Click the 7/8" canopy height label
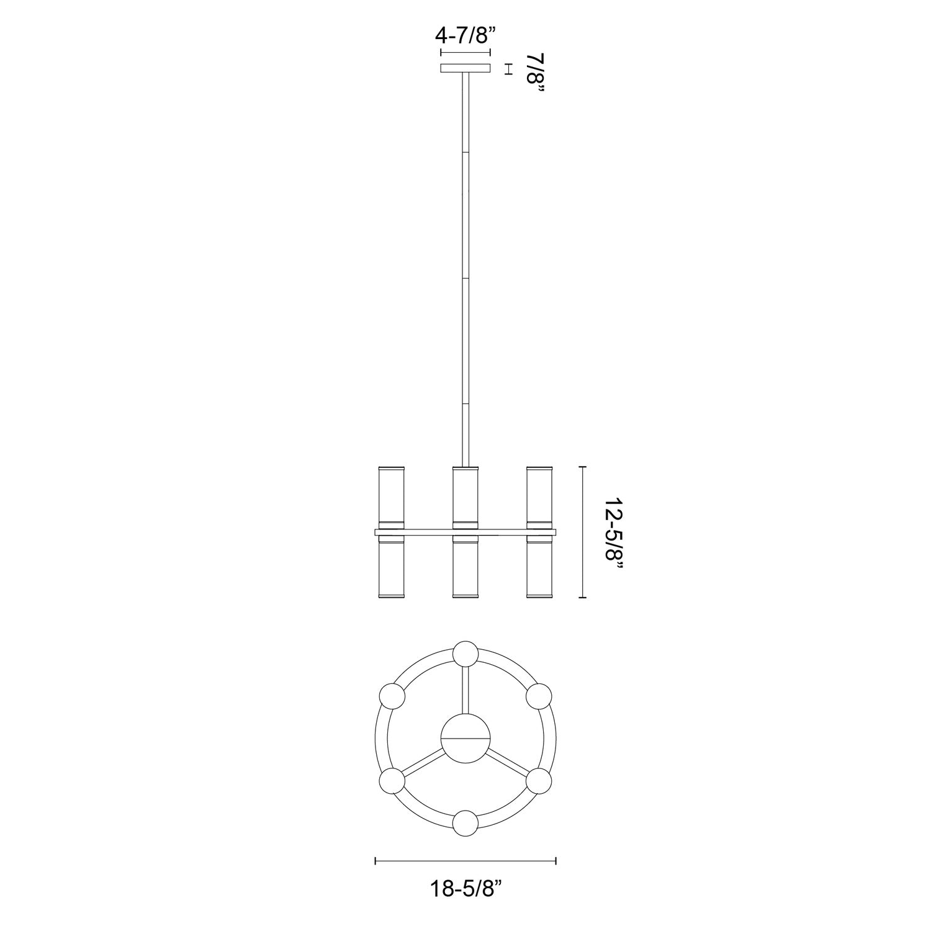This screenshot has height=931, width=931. click(534, 73)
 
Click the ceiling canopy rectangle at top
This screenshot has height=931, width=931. click(465, 68)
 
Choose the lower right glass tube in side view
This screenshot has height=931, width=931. click(539, 567)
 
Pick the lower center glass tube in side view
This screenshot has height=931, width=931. click(465, 567)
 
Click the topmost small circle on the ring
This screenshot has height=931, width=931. click(465, 654)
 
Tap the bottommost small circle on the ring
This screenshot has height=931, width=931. click(465, 823)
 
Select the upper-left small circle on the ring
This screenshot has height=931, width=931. click(392, 696)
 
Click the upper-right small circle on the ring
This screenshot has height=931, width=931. click(539, 696)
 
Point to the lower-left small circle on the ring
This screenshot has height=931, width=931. click(392, 781)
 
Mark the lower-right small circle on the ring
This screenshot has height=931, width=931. click(539, 781)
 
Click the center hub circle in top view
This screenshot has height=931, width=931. click(465, 739)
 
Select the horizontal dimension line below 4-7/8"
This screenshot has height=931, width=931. click(465, 52)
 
